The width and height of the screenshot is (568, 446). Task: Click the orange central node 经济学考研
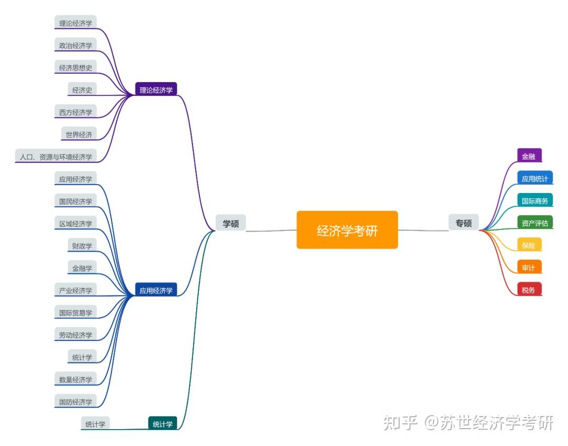tap(347, 230)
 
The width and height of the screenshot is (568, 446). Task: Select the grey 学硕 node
tap(230, 224)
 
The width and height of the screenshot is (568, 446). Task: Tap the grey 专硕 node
tap(463, 223)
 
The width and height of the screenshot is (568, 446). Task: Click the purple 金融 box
tap(529, 156)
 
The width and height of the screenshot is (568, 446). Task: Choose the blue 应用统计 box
tap(534, 179)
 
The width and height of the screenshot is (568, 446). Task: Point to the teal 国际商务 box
tap(534, 201)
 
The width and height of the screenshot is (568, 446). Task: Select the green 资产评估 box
tap(534, 223)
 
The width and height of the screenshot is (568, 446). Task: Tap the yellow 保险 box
tap(529, 246)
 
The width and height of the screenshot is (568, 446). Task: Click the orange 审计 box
tap(529, 268)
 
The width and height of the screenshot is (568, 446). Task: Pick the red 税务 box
tap(529, 290)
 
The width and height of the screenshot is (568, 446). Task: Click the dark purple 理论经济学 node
tap(156, 90)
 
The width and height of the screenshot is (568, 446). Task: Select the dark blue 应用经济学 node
tap(156, 290)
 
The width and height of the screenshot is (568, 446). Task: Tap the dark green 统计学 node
tap(163, 424)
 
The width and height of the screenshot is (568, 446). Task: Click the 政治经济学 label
tap(75, 45)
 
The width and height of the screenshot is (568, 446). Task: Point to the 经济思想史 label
tap(75, 67)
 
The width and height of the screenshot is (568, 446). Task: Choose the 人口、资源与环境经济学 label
tap(56, 157)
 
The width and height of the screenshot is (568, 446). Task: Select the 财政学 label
tap(82, 246)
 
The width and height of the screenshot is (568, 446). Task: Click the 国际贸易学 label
tap(75, 312)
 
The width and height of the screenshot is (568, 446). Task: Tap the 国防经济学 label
tap(75, 402)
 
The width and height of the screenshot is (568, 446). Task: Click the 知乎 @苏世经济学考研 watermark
tap(468, 422)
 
